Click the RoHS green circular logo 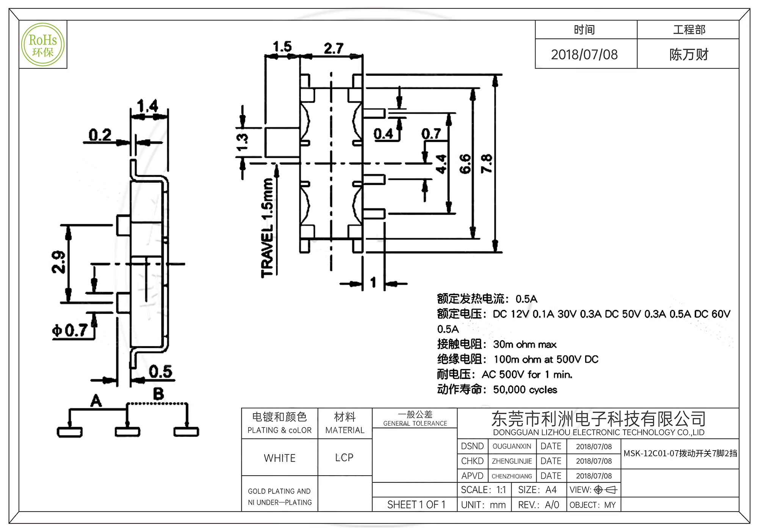[43, 45]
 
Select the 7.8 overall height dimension [486, 163]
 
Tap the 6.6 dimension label [465, 163]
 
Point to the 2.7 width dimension [334, 49]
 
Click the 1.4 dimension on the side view [148, 105]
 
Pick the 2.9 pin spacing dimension [58, 262]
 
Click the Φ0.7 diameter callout [70, 331]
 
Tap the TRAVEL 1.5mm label [267, 228]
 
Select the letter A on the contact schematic [96, 401]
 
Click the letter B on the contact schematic [158, 394]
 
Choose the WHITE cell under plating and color [280, 458]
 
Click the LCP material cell [344, 457]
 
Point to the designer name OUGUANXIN [512, 446]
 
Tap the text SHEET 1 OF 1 [416, 504]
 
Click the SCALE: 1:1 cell [483, 490]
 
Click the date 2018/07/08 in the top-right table [584, 55]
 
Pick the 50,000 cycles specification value [525, 390]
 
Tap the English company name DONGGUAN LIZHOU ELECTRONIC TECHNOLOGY [598, 432]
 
